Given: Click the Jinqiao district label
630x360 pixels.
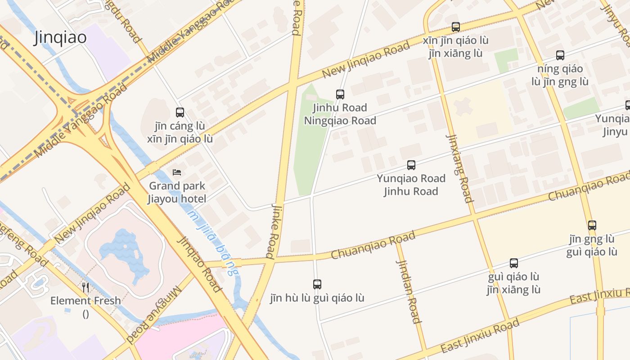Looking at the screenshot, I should pos(60,38).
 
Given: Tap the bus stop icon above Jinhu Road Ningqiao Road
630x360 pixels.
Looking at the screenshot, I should pos(340,94).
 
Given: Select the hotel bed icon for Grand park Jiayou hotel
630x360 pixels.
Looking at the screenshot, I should pos(177,172).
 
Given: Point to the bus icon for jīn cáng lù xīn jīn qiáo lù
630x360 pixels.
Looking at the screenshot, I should pos(180,112).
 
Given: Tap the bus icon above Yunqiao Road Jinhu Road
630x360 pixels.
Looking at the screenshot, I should pos(411,165).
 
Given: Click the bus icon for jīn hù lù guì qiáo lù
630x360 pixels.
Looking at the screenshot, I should pos(317,284).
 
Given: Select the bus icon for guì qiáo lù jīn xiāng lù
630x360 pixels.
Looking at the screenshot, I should pos(513,263).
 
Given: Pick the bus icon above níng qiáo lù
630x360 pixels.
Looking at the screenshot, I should pos(560,55).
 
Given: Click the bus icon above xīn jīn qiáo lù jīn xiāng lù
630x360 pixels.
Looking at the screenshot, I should pos(456,27).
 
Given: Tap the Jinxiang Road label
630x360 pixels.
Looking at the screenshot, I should pos(459,168).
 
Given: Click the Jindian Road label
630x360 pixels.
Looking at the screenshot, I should pos(409,285).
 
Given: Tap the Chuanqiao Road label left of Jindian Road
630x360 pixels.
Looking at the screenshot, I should pos(373,246).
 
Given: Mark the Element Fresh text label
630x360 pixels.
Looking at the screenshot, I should pos(85,301).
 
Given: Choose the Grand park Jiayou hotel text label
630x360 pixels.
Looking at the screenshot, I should pos(177,192).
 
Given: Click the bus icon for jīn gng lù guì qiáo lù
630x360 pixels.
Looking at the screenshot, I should pos(592,225).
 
